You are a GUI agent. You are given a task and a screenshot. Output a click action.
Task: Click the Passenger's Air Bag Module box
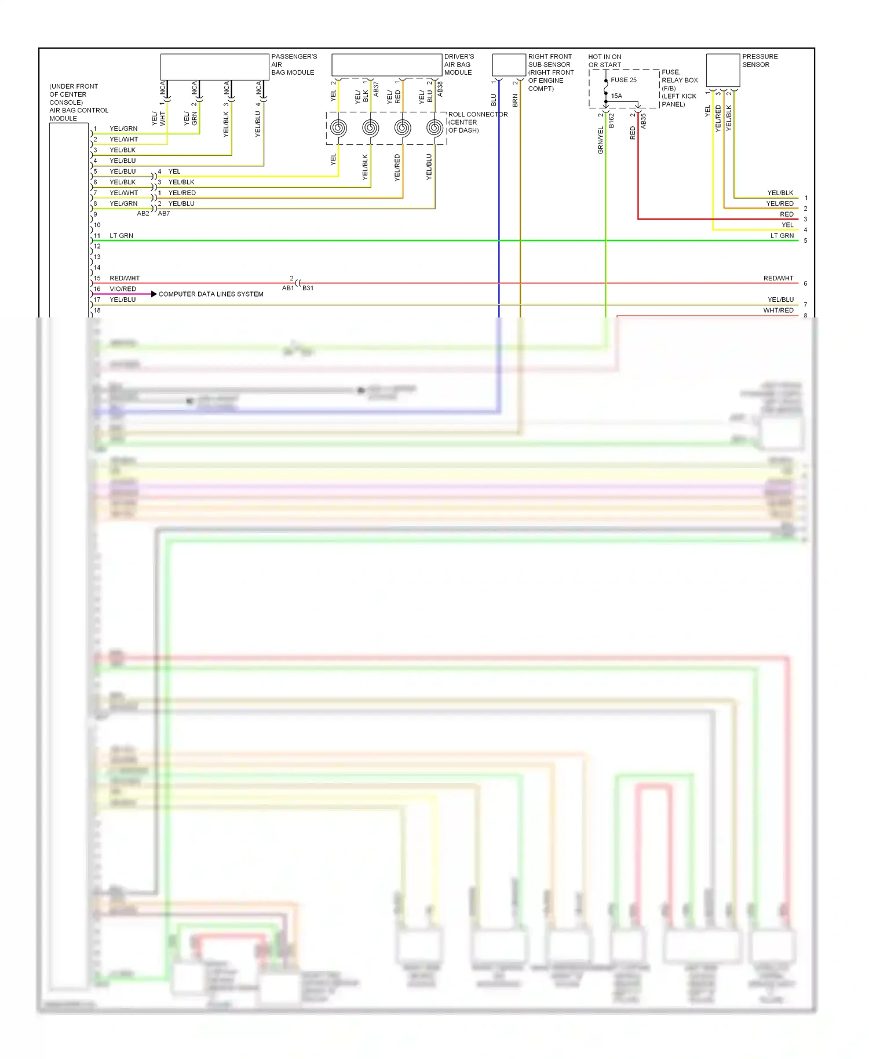214,67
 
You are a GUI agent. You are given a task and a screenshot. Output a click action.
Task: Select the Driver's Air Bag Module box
386,65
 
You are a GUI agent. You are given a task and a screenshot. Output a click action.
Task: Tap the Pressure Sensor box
722,70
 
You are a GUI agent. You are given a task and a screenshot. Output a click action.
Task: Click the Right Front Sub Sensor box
509,65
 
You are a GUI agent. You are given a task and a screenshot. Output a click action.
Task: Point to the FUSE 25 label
623,80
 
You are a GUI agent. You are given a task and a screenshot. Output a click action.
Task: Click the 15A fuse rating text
616,96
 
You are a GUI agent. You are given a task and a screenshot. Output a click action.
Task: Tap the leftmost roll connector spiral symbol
338,128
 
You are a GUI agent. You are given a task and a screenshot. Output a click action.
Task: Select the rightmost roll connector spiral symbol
434,128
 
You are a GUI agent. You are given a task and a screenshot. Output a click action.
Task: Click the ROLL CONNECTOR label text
477,115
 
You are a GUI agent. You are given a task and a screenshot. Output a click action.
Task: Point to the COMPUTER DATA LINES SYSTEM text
211,294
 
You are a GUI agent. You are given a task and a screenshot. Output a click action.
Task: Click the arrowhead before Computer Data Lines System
154,294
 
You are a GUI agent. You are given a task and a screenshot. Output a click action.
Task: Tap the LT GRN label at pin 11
121,236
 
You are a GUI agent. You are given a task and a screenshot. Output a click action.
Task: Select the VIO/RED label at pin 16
123,289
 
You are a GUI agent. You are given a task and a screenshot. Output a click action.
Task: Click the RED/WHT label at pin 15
125,278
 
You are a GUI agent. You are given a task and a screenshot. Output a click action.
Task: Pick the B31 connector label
308,288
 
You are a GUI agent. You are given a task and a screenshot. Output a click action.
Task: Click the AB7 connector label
164,213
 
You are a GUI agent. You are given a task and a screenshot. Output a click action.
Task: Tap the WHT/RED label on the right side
778,311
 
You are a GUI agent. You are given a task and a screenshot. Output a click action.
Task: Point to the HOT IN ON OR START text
604,61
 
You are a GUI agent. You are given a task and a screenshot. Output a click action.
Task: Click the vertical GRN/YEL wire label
601,140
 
